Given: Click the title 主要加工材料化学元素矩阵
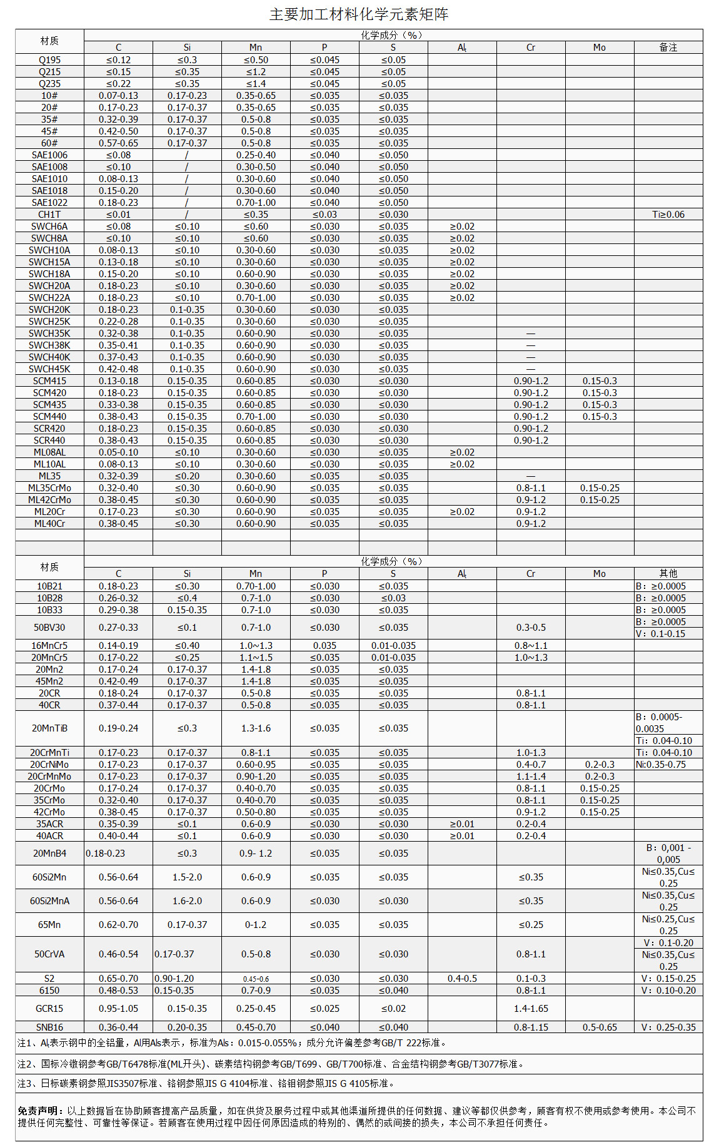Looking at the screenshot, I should point(359,14).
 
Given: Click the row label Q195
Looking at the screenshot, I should point(49,60).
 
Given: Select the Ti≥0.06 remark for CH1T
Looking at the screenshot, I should point(668,215).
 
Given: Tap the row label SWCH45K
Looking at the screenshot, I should point(49,369).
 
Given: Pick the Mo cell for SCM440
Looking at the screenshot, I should point(599,417).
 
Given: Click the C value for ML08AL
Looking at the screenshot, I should point(118,452).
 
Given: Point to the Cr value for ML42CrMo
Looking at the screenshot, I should point(530,500).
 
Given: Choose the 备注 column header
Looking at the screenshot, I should point(668,48).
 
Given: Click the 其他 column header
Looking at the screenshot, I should point(668,574).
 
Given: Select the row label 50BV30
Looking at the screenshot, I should point(49,628).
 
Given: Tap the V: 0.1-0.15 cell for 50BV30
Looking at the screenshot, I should point(668,634).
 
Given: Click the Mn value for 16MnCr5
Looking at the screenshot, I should point(256,646).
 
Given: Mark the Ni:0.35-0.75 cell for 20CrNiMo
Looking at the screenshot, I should point(668,765).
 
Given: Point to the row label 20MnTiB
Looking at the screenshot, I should point(49,728).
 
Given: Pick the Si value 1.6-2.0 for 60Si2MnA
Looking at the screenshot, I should point(187,901).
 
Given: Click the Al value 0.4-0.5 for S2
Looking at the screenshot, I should point(462,979).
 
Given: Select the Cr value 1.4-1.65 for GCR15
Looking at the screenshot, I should point(530,1009).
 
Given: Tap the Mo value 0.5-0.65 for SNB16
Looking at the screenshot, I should point(599,1027).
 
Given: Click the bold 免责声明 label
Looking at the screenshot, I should point(40,1111).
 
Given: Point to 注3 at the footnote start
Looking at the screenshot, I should point(25,1084).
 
